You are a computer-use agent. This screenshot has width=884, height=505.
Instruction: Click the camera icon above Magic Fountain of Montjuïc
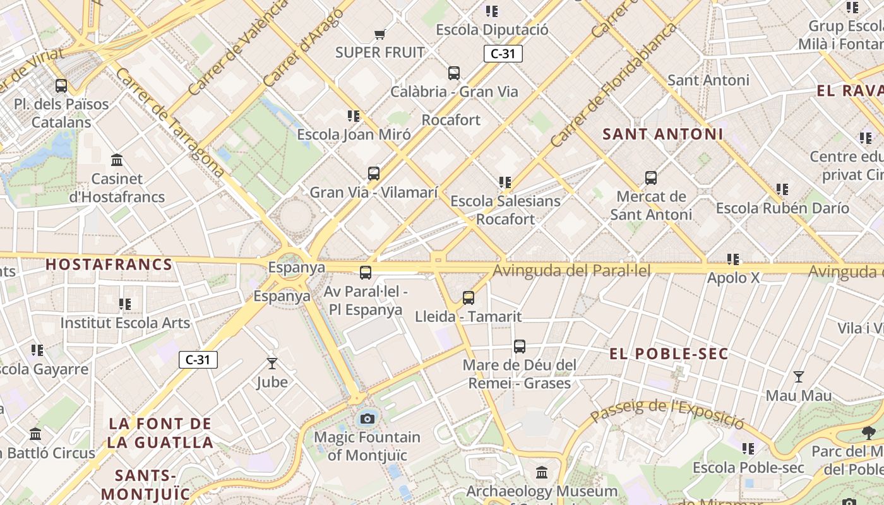tap(367, 418)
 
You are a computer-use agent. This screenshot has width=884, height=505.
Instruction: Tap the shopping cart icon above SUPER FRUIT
tap(379, 34)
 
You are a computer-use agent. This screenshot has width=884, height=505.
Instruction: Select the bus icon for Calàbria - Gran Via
tap(454, 73)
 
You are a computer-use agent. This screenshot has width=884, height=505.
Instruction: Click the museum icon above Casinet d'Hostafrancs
tap(117, 160)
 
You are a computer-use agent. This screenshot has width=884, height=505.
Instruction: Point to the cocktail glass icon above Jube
tap(272, 364)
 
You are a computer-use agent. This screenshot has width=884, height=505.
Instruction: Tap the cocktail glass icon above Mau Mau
tap(799, 377)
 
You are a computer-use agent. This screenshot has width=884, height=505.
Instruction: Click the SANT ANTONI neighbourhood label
tap(662, 134)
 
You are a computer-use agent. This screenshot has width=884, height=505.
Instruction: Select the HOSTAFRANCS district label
tap(109, 264)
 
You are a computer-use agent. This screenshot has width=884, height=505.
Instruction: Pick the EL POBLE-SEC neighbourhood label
tap(669, 354)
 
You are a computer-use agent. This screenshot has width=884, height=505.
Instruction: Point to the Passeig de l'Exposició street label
tap(668, 410)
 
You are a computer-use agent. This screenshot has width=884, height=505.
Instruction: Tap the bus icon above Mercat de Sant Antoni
tap(651, 178)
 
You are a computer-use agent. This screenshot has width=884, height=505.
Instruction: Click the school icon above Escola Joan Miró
tap(354, 116)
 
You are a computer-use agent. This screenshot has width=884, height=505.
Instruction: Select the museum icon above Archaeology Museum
tap(542, 472)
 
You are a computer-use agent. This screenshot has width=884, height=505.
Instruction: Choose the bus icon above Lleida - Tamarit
tap(469, 298)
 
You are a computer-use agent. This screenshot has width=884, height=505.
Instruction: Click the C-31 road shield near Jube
tap(198, 360)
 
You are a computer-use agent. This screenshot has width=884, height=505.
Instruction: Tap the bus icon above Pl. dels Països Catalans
tap(61, 86)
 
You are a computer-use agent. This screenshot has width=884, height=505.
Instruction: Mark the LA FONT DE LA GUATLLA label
tap(160, 432)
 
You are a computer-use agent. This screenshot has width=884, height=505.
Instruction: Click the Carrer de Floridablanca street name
tap(612, 86)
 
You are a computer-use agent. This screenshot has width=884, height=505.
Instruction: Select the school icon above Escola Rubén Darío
tap(782, 189)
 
